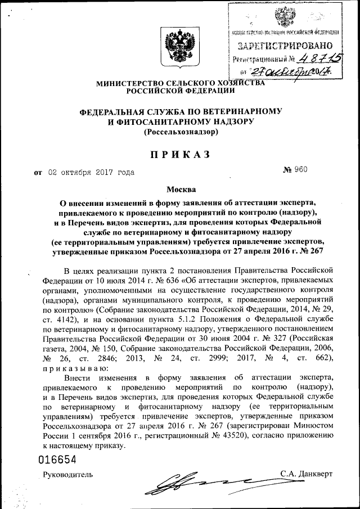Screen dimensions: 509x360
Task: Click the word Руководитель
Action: click(x=69, y=474)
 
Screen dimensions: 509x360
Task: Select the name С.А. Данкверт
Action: click(x=306, y=474)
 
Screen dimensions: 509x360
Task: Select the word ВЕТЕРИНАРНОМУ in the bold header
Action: click(x=244, y=111)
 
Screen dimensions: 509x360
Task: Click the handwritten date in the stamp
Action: click(x=292, y=71)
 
